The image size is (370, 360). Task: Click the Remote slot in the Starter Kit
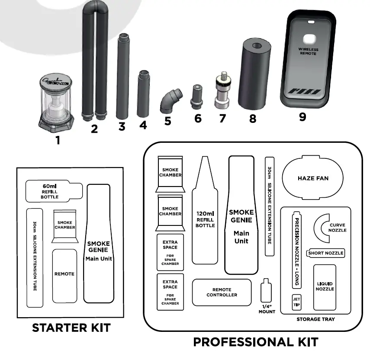coord(64,275)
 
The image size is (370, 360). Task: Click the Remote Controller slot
coord(222,292)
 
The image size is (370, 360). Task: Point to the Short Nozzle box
coord(325,253)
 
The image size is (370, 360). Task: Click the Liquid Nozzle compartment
coord(325,286)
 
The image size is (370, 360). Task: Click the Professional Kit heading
coord(255,342)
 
